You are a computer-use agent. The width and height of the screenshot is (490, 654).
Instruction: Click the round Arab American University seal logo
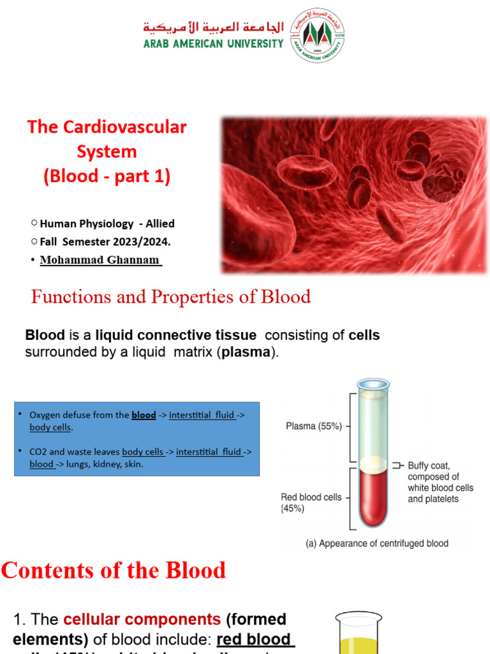tap(318, 35)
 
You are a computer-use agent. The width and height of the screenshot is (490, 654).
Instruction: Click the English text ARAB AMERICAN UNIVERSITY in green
tap(213, 43)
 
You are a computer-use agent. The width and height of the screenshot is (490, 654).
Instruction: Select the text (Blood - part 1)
tap(107, 176)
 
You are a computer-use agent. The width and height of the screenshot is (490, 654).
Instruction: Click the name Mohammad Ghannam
tap(100, 260)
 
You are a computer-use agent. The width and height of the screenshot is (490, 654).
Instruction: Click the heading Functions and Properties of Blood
tap(171, 297)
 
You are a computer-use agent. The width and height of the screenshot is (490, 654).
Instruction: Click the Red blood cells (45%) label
tap(311, 503)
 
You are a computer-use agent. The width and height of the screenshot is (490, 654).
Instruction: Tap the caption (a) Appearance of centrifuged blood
tap(375, 544)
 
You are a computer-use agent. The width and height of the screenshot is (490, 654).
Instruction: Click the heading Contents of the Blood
tap(114, 570)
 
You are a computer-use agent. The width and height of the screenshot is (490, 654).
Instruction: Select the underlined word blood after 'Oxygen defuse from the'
tap(144, 415)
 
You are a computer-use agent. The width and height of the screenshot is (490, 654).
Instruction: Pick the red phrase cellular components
tap(142, 620)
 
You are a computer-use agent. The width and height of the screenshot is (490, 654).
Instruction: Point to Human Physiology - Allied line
tap(107, 224)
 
